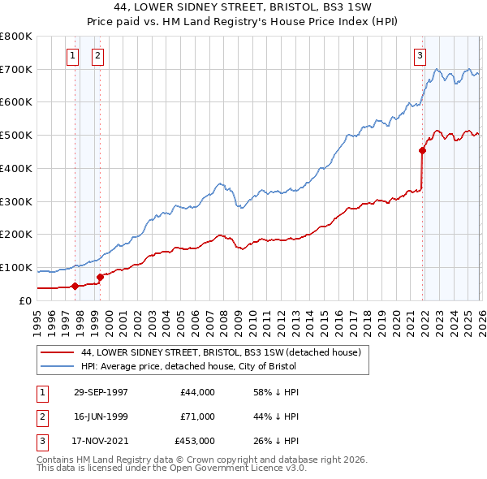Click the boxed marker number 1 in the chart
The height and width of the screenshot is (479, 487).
73,56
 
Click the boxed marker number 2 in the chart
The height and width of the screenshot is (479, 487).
97,56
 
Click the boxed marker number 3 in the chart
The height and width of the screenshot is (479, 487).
420,56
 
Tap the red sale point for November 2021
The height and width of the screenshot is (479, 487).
422,150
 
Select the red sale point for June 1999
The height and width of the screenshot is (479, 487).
100,277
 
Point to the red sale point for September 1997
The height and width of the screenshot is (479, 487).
75,286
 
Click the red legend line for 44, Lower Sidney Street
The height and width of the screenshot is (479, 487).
57,352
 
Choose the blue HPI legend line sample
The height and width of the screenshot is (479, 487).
57,366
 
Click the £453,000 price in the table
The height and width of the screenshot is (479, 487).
194,441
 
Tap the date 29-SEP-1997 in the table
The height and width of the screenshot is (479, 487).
101,392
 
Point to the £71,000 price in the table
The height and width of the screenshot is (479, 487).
197,416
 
